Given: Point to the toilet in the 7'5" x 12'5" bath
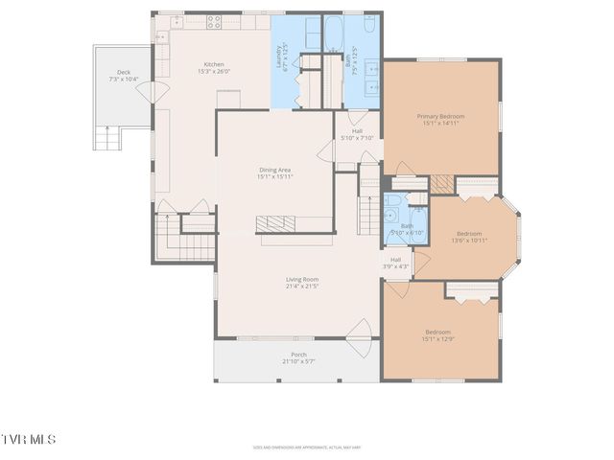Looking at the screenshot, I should [369, 23].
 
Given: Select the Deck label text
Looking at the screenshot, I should [123, 73].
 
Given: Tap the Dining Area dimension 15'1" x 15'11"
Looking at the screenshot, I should [274, 176].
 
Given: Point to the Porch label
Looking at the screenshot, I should [298, 356].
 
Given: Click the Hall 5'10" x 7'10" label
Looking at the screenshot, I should [357, 134].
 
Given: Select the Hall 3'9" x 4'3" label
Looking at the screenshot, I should [395, 263].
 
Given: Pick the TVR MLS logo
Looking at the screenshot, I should [28, 439].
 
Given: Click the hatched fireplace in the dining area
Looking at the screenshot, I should [276, 223].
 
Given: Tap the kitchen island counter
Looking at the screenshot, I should [226, 100].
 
